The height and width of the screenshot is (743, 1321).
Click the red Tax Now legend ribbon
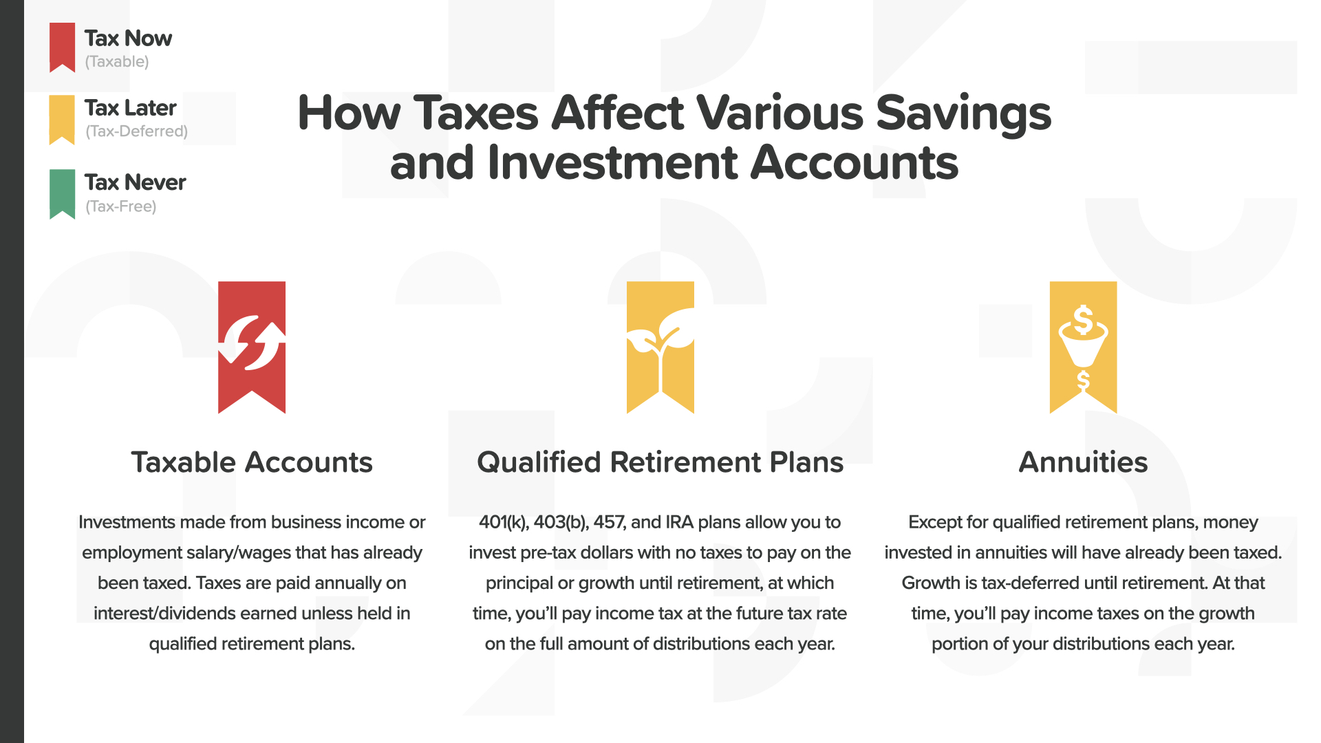62,47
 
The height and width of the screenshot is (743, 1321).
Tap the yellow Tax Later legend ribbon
62,119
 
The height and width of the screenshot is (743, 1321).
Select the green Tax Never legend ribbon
62,193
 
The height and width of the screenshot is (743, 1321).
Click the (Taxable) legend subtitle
117,61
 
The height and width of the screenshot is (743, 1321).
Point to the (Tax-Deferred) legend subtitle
136,131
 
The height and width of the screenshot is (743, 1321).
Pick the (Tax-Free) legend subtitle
121,206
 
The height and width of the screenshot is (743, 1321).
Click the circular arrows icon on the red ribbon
252,342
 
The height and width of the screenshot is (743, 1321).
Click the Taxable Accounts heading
252,462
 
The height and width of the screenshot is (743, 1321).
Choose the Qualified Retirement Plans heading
660,462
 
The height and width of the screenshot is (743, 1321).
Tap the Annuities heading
1083,462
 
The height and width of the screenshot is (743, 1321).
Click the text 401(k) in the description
504,522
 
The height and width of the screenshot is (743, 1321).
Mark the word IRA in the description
680,522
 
